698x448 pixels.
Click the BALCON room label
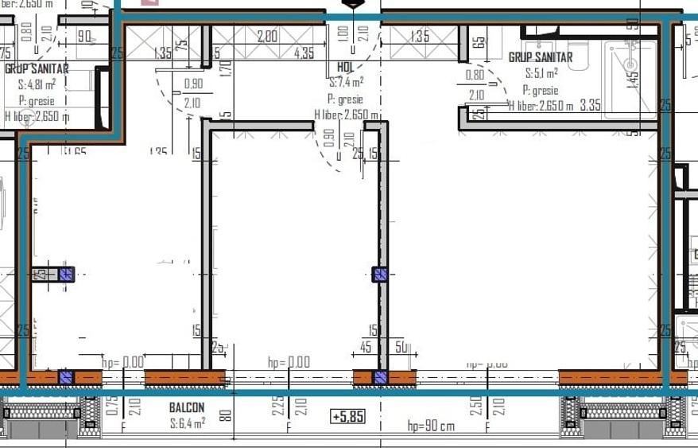pos(187,407)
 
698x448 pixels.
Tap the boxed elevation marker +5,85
pos(348,416)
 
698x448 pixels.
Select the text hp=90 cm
pos(431,426)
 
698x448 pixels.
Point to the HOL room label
pos(346,68)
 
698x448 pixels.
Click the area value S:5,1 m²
pos(541,73)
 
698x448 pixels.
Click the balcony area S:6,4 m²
pos(188,423)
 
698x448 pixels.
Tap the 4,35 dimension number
pos(303,53)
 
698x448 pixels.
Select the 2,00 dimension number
pos(267,36)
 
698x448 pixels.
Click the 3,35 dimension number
pos(590,104)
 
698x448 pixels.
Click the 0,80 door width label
pos(475,76)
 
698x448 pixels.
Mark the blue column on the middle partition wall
pos(380,275)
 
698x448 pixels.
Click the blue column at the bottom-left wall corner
pos(66,377)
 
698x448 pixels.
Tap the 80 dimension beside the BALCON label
pos(226,415)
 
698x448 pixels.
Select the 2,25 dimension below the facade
pos(277,406)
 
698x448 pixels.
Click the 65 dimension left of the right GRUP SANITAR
pos(479,42)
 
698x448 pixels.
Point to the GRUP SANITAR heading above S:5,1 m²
pos(541,57)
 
